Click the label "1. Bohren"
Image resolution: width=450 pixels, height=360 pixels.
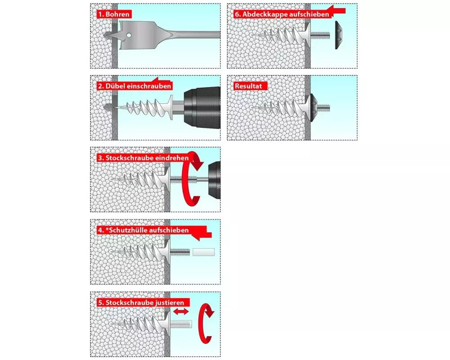tap(114, 14)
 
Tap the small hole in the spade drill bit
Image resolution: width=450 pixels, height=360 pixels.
tap(129, 35)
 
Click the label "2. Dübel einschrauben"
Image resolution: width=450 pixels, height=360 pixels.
tap(135, 86)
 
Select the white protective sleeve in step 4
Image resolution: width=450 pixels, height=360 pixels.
tap(203, 252)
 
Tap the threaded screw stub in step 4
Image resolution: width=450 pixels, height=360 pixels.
tap(180, 252)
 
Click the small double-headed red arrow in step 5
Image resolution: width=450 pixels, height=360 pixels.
tap(181, 311)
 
